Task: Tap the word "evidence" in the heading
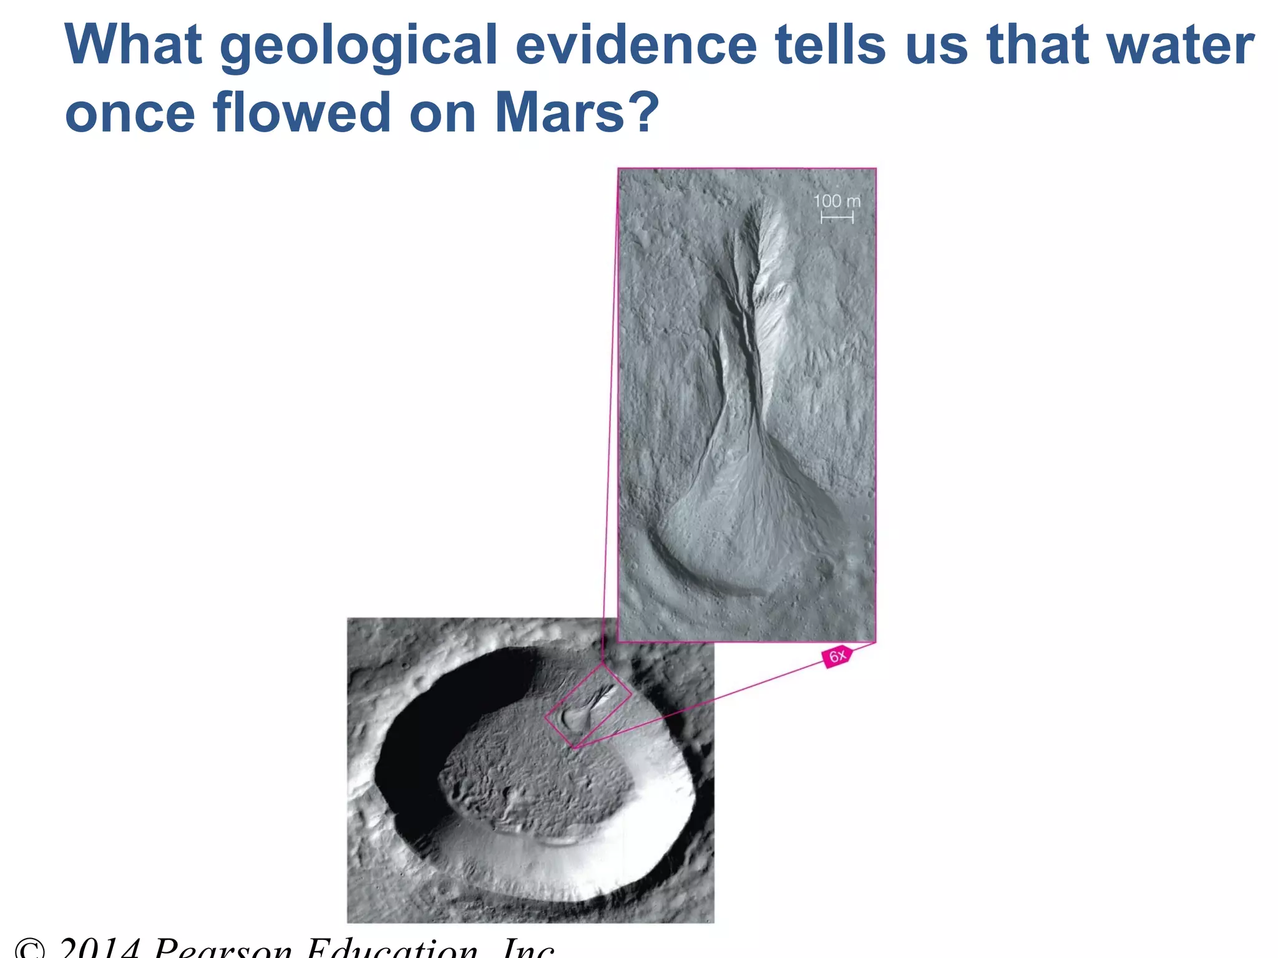(636, 45)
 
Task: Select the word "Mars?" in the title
(577, 113)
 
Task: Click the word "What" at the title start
(133, 45)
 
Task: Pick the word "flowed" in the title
(302, 113)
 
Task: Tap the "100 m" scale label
(836, 201)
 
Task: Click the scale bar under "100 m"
(836, 217)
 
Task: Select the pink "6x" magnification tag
(837, 656)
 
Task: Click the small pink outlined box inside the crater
(587, 705)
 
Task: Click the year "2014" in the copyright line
(100, 948)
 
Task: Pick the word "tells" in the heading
(829, 45)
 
